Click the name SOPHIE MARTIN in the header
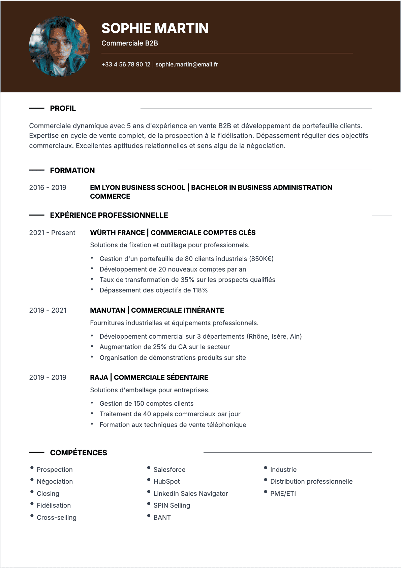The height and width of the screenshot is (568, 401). [x=155, y=28]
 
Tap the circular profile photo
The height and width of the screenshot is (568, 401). [x=60, y=47]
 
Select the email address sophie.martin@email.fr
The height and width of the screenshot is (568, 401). [x=187, y=64]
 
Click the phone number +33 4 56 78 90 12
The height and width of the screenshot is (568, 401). [x=126, y=64]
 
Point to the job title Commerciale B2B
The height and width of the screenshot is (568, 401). [x=129, y=43]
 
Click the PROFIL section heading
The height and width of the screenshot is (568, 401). [x=63, y=109]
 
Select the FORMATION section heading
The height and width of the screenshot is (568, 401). [x=72, y=171]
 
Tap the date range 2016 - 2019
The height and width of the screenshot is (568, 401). [x=48, y=188]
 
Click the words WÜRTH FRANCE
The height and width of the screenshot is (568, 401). [x=117, y=233]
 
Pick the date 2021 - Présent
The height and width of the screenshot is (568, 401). [x=52, y=233]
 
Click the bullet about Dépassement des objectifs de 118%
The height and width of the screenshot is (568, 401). [x=153, y=290]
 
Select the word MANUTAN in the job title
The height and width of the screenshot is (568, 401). [x=107, y=310]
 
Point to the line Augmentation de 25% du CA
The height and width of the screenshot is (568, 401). [x=164, y=347]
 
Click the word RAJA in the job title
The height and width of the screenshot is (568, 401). [x=99, y=377]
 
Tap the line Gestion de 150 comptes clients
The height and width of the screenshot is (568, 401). [x=146, y=404]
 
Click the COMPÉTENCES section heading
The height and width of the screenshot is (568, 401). [x=78, y=453]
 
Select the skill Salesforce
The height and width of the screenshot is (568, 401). [x=169, y=470]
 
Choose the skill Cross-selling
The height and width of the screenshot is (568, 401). [x=56, y=518]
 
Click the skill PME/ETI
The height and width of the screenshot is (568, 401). [x=283, y=494]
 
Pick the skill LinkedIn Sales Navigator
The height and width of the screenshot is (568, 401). [x=190, y=494]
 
